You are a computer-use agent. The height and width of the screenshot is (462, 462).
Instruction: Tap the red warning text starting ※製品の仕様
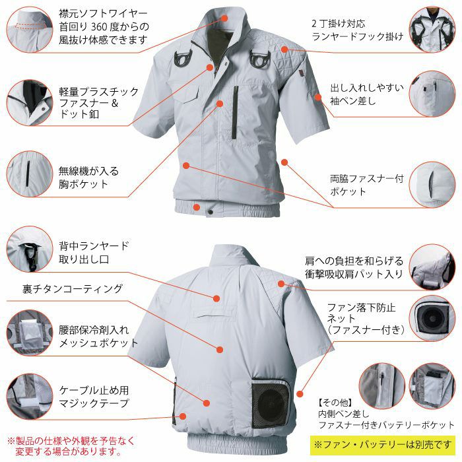[x=71, y=446]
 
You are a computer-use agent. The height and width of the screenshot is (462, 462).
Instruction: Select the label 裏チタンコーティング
[x=73, y=289]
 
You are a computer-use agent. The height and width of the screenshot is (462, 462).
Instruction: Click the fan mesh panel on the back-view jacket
[x=271, y=404]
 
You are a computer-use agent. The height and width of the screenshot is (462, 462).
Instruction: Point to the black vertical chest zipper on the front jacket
[x=234, y=112]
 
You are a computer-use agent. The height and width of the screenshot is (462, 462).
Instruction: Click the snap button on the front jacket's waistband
[x=211, y=212]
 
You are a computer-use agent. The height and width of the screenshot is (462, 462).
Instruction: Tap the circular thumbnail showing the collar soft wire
[x=30, y=30]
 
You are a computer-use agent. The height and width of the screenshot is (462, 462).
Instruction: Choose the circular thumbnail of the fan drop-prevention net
[x=432, y=318]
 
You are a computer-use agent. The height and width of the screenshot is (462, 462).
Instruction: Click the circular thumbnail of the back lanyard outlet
[x=30, y=249]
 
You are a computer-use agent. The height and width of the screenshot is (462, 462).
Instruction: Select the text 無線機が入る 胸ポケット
[x=88, y=178]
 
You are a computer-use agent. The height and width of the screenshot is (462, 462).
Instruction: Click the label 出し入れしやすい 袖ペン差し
[x=367, y=94]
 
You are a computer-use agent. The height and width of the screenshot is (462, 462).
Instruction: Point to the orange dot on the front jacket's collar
[x=224, y=18]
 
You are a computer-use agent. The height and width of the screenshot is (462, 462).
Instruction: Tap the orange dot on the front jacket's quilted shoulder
[x=284, y=49]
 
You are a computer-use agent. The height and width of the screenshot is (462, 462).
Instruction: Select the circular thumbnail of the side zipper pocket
[x=432, y=184]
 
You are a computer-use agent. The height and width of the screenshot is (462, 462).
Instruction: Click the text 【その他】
[x=335, y=403]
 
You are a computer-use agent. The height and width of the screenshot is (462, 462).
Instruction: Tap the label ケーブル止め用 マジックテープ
[x=94, y=397]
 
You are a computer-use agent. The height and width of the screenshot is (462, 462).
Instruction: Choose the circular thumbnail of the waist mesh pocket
[x=30, y=333]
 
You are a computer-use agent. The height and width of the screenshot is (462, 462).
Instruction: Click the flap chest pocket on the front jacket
[x=188, y=95]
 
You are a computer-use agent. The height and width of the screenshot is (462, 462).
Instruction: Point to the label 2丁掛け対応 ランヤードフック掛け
[x=357, y=30]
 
